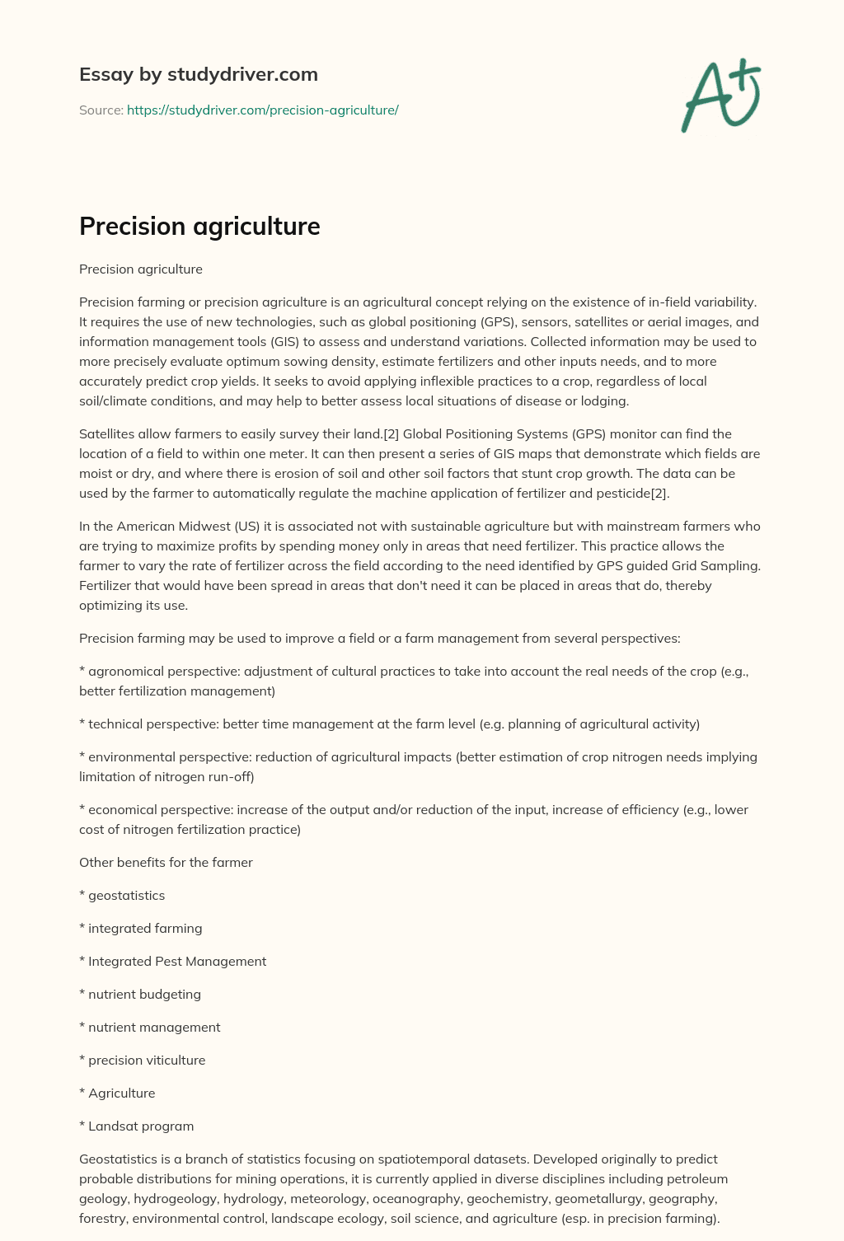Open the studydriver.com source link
tap(262, 110)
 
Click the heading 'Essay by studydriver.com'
tap(198, 74)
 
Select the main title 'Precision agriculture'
tap(199, 226)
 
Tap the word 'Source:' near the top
tap(101, 110)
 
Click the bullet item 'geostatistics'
tap(126, 895)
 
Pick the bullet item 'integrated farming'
tap(145, 928)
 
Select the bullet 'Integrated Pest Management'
tap(177, 961)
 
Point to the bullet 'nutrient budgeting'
tap(144, 994)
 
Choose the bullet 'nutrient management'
tap(154, 1027)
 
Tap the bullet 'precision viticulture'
tap(147, 1060)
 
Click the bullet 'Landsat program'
tap(141, 1126)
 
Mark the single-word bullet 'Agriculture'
tap(121, 1093)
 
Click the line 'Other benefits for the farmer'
tap(166, 862)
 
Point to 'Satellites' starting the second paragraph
tap(108, 433)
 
